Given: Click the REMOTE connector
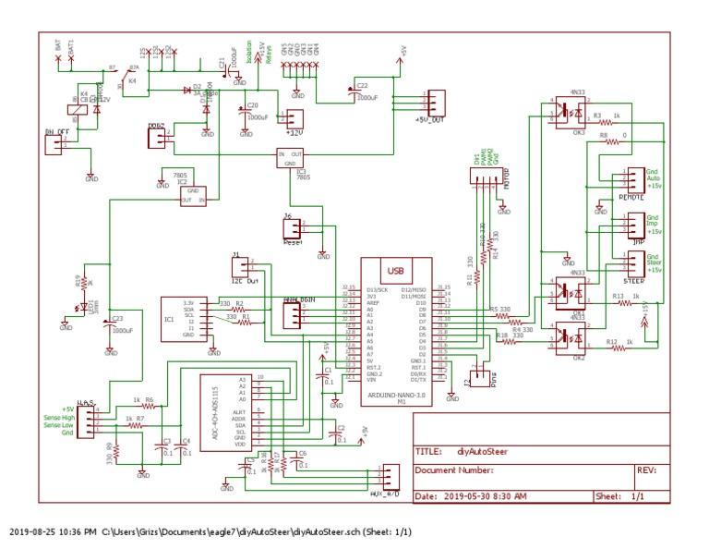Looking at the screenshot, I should pos(634,178).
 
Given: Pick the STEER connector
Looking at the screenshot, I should pos(634,262).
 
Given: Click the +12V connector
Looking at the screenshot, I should pos(295,119).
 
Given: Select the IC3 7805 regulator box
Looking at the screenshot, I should pos(291,158).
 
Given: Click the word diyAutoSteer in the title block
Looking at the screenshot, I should pos(481,453).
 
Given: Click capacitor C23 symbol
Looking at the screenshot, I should pos(110,324).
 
